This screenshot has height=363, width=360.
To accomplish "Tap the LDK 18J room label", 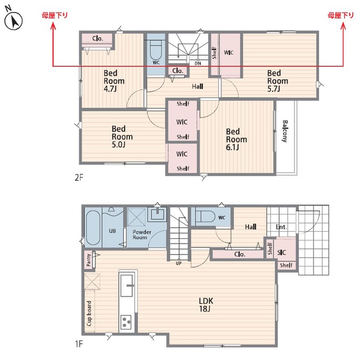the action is coord(206,304).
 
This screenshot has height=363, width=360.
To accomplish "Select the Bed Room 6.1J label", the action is coord(236,139).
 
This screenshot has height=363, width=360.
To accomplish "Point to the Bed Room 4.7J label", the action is coord(114,81).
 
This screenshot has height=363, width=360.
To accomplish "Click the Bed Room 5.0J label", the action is coord(122,137).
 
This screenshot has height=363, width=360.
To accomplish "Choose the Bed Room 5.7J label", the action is coord(277,81).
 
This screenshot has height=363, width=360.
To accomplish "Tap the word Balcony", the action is coord(285,131).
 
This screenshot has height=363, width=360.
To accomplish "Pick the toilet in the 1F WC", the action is coord(205,216).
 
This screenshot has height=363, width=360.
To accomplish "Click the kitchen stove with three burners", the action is coord(126,322).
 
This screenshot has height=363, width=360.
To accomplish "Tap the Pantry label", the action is coord(88,260).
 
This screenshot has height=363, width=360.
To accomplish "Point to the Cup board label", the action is coord(89,314).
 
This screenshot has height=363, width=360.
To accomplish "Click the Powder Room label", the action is coord(141,235).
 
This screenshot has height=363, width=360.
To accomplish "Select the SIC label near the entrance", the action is coord(282,252).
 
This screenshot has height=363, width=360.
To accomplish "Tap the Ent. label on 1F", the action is coord(282,227).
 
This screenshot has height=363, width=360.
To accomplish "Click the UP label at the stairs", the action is coord(179,263).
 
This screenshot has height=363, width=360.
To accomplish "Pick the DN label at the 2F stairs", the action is coord(198,63).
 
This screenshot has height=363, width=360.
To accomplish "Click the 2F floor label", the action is coord(78,177).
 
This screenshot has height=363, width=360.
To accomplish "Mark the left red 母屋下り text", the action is coord(54,15).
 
